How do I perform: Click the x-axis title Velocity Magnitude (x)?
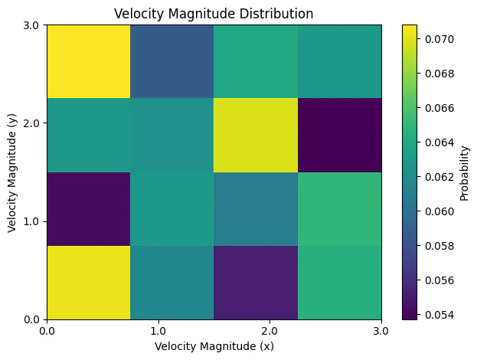214,345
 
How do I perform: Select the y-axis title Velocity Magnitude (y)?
12,172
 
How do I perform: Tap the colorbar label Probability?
465,172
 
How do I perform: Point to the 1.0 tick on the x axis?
158,330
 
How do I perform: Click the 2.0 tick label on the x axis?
270,330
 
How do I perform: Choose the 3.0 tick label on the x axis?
381,330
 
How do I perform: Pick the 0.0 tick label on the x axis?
47,330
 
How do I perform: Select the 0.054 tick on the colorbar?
434,314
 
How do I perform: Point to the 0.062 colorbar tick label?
434,176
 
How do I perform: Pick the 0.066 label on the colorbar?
434,107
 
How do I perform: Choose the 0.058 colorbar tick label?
434,245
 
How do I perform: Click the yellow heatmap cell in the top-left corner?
88,61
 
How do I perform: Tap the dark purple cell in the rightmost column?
339,135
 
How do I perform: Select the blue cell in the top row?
172,61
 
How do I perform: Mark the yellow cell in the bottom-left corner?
88,282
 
